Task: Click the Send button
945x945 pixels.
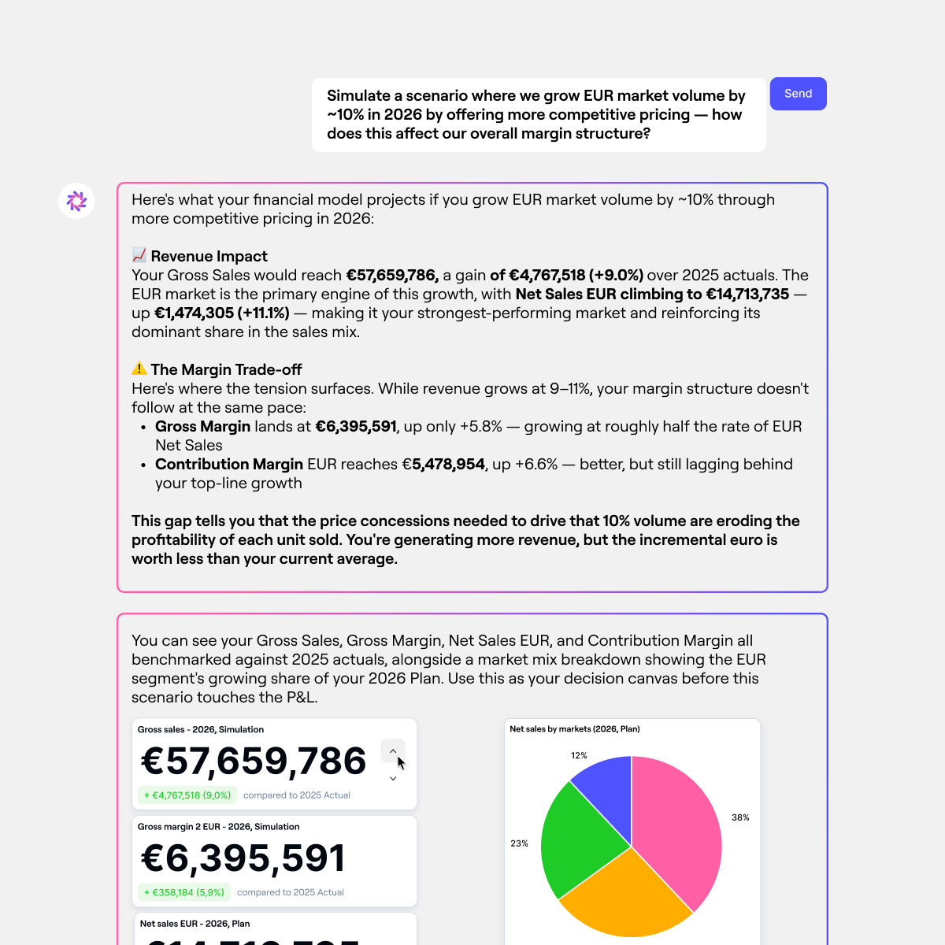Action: click(798, 94)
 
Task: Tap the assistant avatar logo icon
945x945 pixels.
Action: click(76, 202)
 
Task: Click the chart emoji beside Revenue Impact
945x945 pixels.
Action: click(139, 255)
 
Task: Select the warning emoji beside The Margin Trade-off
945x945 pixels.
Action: click(139, 369)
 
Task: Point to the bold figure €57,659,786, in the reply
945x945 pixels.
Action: click(392, 275)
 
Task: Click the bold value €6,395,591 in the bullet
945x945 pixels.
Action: click(356, 426)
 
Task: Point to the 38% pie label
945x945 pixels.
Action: click(740, 817)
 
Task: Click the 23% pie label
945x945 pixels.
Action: click(519, 843)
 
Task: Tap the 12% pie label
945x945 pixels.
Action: click(579, 755)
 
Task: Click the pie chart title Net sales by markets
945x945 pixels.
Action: click(574, 729)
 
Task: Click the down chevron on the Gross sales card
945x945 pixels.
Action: click(393, 779)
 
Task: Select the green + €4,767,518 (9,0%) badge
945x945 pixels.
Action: click(187, 795)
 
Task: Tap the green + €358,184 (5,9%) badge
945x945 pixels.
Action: click(184, 892)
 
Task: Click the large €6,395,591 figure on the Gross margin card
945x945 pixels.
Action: click(243, 858)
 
